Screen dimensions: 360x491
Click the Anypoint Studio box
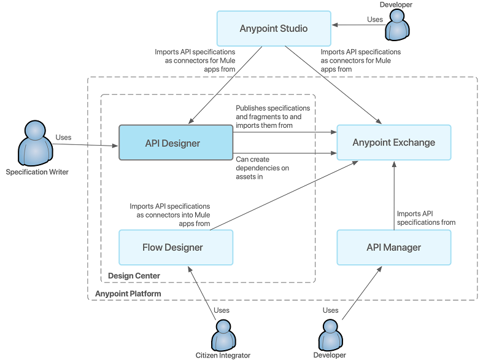pos(274,28)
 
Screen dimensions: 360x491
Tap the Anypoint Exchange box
pos(393,143)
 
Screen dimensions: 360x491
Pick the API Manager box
pos(393,248)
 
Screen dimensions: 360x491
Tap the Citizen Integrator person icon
pos(222,334)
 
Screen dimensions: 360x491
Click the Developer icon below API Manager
pos(330,334)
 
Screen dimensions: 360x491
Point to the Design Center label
pos(134,276)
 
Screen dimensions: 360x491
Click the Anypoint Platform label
pos(128,294)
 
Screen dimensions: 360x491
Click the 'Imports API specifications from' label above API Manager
pos(426,218)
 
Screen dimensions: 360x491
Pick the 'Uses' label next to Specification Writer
pos(63,138)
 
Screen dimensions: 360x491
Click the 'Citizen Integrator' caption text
pos(223,355)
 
